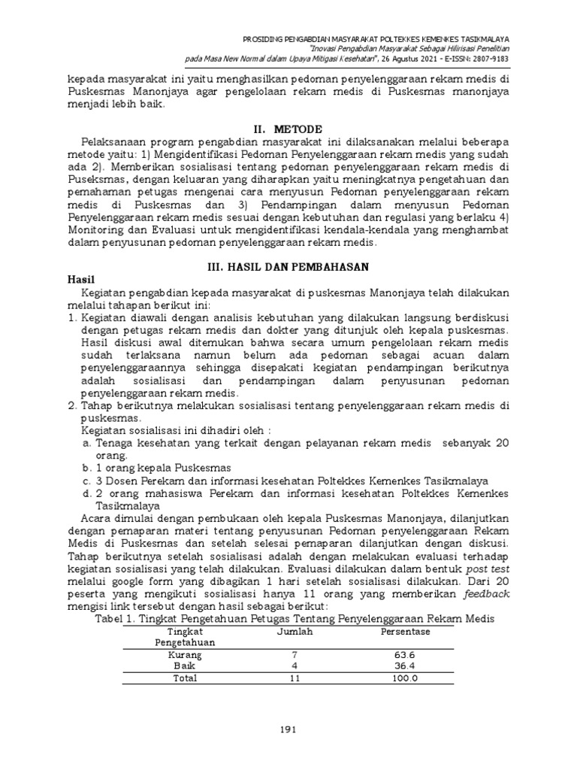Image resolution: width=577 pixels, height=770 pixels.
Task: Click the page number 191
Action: [x=288, y=728]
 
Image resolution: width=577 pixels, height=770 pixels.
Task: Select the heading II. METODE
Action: [x=288, y=128]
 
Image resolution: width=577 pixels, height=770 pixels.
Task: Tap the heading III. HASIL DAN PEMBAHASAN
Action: [x=288, y=266]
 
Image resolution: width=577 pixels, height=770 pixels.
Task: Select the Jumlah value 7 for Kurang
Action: [x=295, y=655]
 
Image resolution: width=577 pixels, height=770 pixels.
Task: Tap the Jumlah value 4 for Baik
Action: [x=295, y=666]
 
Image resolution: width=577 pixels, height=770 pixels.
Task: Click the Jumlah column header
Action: [x=295, y=632]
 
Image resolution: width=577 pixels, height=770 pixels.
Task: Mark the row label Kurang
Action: [x=184, y=655]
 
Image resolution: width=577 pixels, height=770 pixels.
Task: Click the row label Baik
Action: [x=184, y=666]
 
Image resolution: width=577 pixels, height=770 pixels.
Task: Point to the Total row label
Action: [x=184, y=678]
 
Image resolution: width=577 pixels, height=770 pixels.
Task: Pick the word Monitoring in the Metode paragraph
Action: [x=99, y=231]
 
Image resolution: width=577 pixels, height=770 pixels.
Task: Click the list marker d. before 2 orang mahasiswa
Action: [x=87, y=493]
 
